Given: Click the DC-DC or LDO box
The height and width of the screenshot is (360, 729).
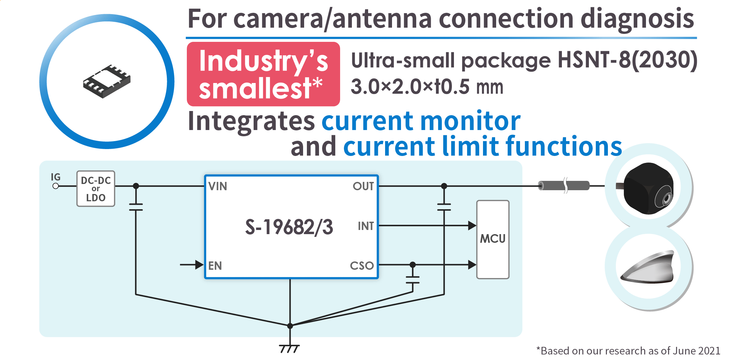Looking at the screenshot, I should pyautogui.click(x=96, y=189).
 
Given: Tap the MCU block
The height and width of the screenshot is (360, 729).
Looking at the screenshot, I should pyautogui.click(x=493, y=239).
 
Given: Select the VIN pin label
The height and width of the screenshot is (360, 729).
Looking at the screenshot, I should pyautogui.click(x=218, y=186).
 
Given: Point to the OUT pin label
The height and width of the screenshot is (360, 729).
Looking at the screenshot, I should pyautogui.click(x=363, y=186).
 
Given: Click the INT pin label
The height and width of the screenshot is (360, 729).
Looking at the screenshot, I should pyautogui.click(x=365, y=226).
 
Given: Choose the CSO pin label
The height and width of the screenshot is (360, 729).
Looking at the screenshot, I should pyautogui.click(x=362, y=266).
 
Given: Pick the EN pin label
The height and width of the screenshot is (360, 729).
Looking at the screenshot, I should pyautogui.click(x=215, y=266).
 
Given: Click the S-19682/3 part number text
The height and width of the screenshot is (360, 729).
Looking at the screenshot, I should pyautogui.click(x=289, y=227).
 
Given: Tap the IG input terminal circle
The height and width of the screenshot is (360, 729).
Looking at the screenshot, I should pyautogui.click(x=55, y=186).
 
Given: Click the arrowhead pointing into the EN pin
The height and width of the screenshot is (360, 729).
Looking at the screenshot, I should pyautogui.click(x=199, y=265).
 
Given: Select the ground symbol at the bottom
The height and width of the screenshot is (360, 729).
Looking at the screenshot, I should pyautogui.click(x=289, y=349).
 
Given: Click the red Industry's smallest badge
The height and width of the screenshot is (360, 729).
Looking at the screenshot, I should pyautogui.click(x=263, y=74).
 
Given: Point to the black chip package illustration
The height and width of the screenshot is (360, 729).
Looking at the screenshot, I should pyautogui.click(x=107, y=82).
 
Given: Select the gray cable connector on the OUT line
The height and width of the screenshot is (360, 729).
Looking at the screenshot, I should pyautogui.click(x=564, y=186).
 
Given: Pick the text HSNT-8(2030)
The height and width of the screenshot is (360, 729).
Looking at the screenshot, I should pyautogui.click(x=627, y=60).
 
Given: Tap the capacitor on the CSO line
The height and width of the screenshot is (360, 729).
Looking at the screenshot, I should pyautogui.click(x=412, y=280).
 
